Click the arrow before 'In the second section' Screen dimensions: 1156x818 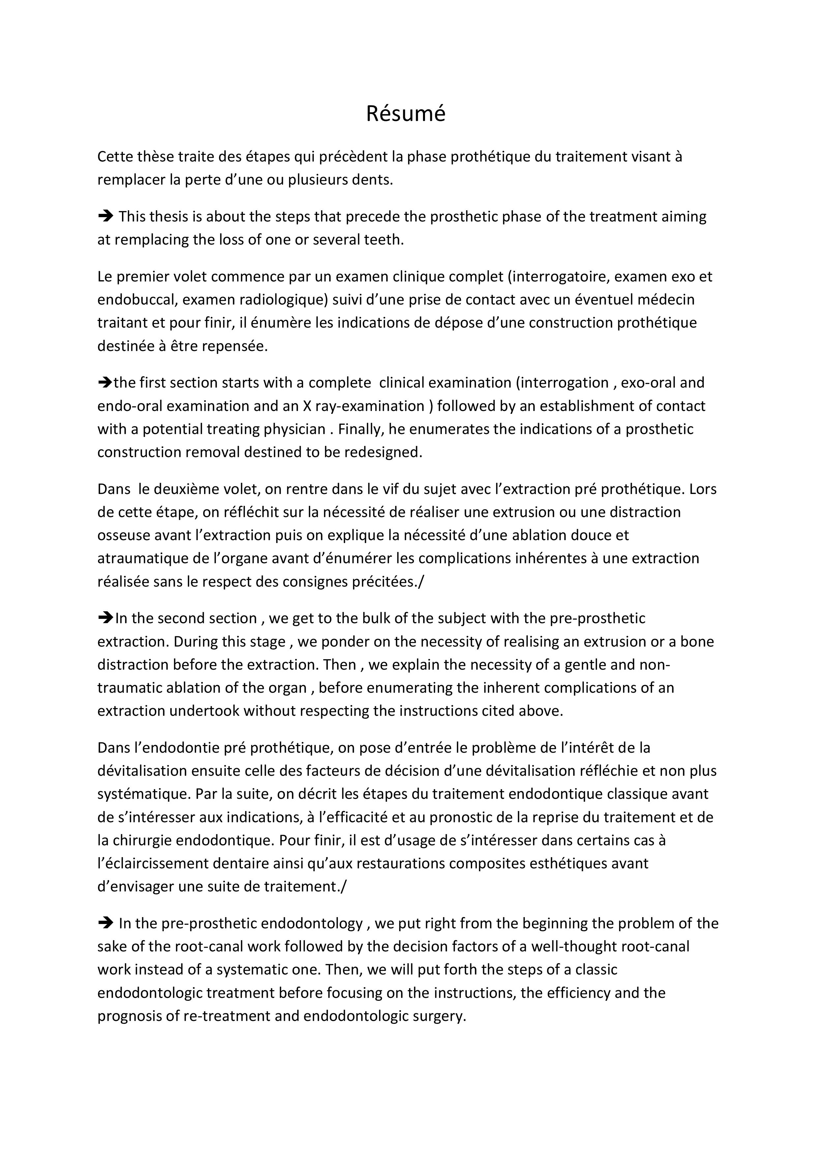[x=105, y=618]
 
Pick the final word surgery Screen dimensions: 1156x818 [x=439, y=1016]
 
